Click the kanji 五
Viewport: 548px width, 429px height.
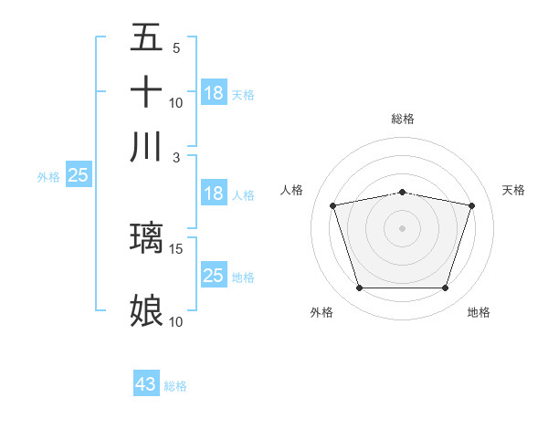pyautogui.click(x=147, y=38)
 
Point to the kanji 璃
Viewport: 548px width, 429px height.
pyautogui.click(x=147, y=239)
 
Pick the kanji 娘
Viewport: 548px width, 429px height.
pyautogui.click(x=147, y=311)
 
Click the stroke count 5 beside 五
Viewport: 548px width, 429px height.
pyautogui.click(x=176, y=48)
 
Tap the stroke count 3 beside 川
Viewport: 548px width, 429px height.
pyautogui.click(x=176, y=156)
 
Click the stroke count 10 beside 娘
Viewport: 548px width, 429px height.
pyautogui.click(x=176, y=321)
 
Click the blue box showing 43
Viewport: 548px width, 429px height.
pyautogui.click(x=146, y=384)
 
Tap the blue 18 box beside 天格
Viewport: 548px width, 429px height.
pyautogui.click(x=214, y=93)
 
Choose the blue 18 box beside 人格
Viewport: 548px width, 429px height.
pyautogui.click(x=214, y=194)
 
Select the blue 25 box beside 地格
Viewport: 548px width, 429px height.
pyautogui.click(x=214, y=276)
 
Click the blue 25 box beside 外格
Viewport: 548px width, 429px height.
pyautogui.click(x=79, y=176)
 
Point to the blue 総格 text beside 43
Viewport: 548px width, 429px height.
pyautogui.click(x=176, y=386)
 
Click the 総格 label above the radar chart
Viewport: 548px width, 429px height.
pyautogui.click(x=403, y=119)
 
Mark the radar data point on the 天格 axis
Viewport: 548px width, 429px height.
pyautogui.click(x=472, y=205)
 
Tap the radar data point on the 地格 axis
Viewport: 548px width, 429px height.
pyautogui.click(x=445, y=288)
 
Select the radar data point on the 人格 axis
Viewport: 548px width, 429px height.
pyautogui.click(x=332, y=205)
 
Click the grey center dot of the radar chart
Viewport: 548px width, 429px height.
pyautogui.click(x=403, y=227)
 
